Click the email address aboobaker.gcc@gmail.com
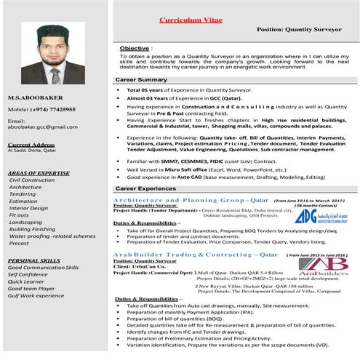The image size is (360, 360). (x=42, y=127)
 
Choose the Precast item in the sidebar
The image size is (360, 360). (x=18, y=244)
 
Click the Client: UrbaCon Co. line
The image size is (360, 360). (x=140, y=267)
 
